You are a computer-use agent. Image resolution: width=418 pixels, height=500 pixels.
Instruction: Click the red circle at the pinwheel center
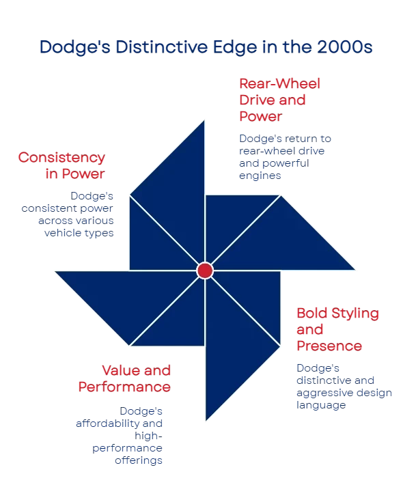205,270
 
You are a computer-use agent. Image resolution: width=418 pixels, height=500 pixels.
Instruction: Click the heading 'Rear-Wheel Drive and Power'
279,100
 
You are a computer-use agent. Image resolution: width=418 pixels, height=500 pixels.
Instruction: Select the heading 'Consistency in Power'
61,165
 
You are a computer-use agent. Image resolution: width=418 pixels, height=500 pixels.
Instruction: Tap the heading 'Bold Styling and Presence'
337,329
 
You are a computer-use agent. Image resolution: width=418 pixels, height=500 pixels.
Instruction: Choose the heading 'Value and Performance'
124,378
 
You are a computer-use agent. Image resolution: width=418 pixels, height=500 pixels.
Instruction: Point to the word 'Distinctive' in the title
162,47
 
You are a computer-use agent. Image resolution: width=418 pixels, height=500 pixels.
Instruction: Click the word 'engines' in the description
260,176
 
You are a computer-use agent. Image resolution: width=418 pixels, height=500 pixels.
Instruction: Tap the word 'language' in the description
321,405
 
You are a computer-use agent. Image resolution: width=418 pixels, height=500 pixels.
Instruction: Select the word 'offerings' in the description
139,460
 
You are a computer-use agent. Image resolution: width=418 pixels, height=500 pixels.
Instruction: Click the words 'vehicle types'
79,233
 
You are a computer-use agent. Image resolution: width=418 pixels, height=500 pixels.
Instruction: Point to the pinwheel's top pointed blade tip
204,120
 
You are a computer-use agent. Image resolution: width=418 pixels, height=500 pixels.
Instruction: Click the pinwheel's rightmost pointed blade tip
355,270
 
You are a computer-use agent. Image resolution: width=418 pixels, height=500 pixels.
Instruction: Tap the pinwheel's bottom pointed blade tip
206,421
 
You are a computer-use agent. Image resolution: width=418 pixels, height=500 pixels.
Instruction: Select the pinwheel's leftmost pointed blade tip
55,272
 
